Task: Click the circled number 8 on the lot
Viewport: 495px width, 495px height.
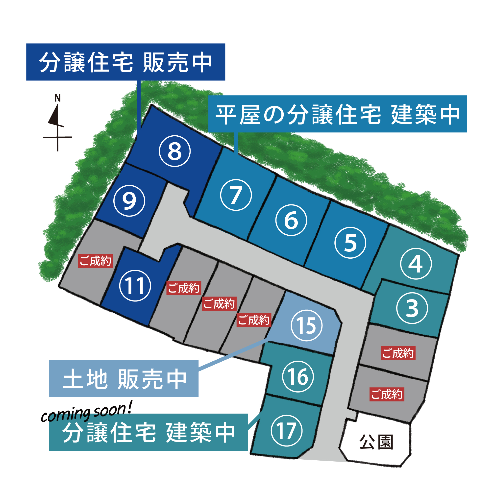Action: pos(175,151)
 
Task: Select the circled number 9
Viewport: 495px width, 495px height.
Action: pos(129,201)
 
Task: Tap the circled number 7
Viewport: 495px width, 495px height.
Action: pos(236,195)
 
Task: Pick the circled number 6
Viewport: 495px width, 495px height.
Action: pos(291,220)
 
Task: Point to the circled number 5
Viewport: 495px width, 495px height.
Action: pos(350,243)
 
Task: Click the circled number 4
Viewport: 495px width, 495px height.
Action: pos(416,264)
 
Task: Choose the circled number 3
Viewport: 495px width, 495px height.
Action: pos(412,308)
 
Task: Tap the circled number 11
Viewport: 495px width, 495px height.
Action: pos(135,286)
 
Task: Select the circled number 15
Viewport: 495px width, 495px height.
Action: pos(307,325)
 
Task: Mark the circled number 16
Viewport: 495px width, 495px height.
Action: pos(298,377)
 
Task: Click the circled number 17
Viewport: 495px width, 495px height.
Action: pos(287,431)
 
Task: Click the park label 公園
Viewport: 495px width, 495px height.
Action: pos(376,442)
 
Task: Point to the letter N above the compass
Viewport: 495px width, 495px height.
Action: pos(58,98)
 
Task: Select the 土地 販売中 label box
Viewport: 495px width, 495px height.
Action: pos(124,378)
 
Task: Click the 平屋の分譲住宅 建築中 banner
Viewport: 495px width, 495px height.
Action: pos(338,114)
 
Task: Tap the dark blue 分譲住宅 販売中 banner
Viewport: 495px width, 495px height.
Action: pos(126,62)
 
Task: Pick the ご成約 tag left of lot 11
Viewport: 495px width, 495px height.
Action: pos(96,261)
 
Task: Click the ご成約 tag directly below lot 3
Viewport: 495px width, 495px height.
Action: pos(398,353)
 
